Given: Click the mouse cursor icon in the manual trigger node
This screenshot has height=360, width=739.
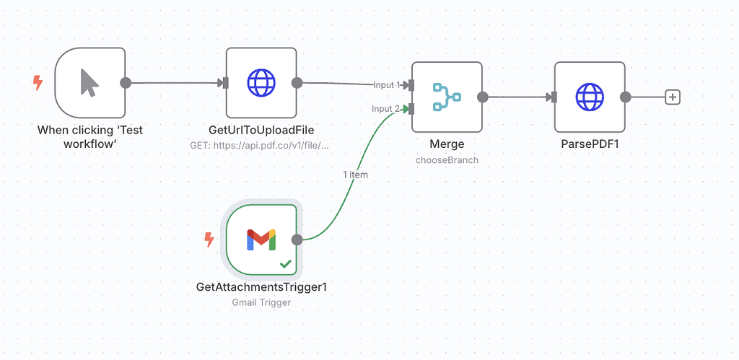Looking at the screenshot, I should click(89, 82).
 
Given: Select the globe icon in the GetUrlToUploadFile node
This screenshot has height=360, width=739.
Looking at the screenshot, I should click(261, 82).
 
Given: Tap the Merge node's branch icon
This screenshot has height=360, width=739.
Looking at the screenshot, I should click(447, 97).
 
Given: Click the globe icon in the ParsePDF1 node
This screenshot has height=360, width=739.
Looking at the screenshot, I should click(589, 97).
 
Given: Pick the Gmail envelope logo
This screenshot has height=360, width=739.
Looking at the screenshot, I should click(261, 240).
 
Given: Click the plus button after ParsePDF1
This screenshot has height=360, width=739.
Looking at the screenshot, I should click(672, 97).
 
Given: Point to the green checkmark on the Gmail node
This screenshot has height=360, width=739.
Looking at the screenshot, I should click(286, 265).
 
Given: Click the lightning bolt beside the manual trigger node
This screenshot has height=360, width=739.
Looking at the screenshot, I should click(38, 83).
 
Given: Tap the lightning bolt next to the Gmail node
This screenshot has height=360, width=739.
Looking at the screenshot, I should click(209, 239).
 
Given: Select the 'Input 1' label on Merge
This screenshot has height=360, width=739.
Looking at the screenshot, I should click(386, 85).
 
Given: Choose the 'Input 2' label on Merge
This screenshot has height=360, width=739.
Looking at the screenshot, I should click(385, 109).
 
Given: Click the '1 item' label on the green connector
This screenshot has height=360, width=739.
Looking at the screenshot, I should click(355, 175).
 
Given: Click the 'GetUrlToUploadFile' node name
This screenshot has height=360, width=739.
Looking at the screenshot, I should click(261, 130).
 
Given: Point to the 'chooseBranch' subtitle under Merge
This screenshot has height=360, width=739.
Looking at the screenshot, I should click(447, 159).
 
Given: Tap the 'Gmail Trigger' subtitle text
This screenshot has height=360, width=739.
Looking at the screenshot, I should click(261, 302).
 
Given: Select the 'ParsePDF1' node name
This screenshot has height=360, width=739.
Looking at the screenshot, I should click(590, 144).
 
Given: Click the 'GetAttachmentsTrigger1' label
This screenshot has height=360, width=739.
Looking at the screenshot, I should click(261, 287).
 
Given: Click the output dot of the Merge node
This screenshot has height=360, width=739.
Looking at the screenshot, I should click(483, 97).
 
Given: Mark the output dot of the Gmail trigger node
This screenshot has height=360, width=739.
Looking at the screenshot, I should click(297, 240).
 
